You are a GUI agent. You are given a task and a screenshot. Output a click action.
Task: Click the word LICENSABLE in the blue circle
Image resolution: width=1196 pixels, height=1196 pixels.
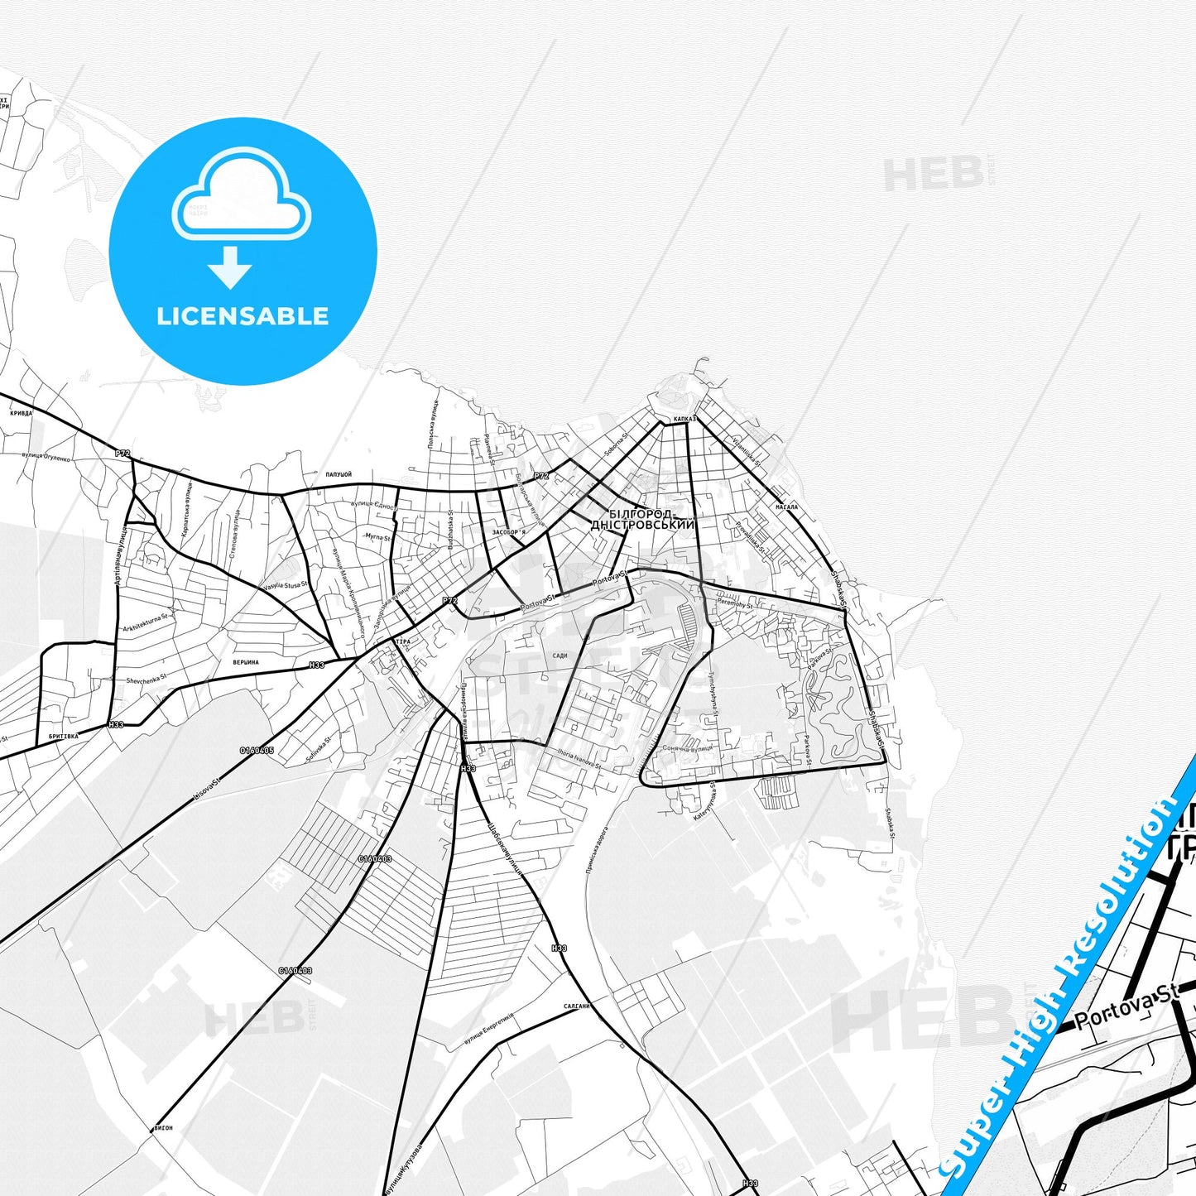pos(243,316)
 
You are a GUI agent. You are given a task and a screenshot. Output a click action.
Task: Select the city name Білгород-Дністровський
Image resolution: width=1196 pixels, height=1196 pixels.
pos(643,520)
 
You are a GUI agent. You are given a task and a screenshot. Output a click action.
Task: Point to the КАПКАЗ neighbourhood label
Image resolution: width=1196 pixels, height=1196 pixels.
pos(684,420)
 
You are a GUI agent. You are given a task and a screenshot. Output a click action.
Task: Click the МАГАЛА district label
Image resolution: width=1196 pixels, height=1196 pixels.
pos(786,507)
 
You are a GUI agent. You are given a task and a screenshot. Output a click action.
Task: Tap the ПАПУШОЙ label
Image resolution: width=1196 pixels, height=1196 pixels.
pos(339,475)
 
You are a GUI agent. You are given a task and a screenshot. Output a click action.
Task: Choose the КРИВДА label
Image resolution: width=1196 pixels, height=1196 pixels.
pos(22,413)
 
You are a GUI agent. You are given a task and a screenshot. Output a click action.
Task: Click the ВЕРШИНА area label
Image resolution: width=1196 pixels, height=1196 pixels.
pos(246,662)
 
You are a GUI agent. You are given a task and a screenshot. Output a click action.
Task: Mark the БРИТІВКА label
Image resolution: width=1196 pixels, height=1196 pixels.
pos(64,736)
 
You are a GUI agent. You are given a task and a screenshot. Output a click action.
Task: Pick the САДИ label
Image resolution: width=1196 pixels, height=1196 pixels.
pos(560,656)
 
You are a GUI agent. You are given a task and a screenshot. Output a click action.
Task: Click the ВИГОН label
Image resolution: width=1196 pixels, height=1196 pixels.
pos(164,1128)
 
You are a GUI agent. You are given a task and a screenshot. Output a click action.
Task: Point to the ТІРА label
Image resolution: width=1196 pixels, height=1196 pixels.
pos(403,641)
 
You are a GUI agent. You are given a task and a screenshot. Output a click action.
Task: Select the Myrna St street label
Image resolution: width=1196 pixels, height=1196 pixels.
pos(377,537)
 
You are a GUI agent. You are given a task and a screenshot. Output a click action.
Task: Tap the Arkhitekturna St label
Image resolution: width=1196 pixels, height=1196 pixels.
pos(145,622)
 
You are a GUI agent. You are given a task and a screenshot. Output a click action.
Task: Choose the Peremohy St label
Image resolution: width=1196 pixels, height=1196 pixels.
pos(736,605)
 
